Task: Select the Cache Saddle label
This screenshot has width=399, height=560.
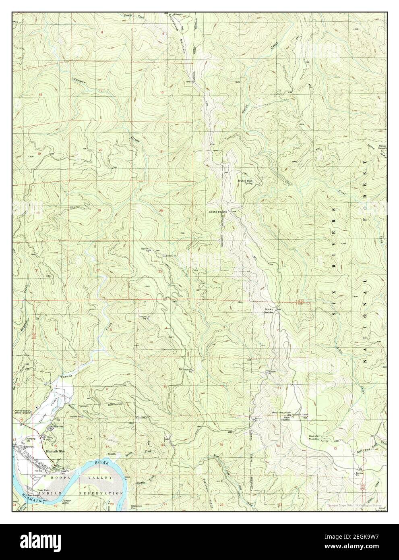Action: coord(218,212)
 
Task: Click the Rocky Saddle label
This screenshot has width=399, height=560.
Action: coord(269,311)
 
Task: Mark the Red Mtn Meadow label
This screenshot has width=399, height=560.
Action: coord(317,438)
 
